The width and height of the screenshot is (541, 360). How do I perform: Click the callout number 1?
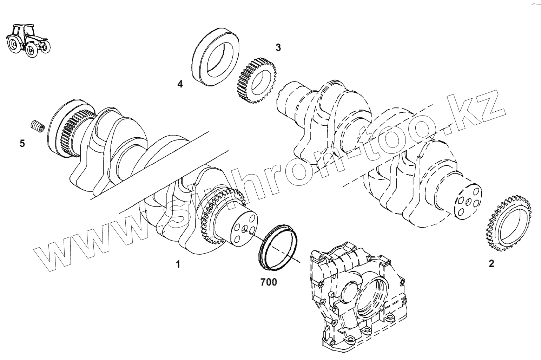[178, 264]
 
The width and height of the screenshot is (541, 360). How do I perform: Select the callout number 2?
[491, 263]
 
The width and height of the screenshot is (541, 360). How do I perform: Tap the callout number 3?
[278, 47]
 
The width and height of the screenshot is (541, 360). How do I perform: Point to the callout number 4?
[180, 84]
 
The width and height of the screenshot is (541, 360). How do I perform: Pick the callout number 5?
[22, 143]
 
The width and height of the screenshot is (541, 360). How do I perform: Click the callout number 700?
[269, 282]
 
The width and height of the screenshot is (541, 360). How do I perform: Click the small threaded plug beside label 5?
[37, 126]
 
